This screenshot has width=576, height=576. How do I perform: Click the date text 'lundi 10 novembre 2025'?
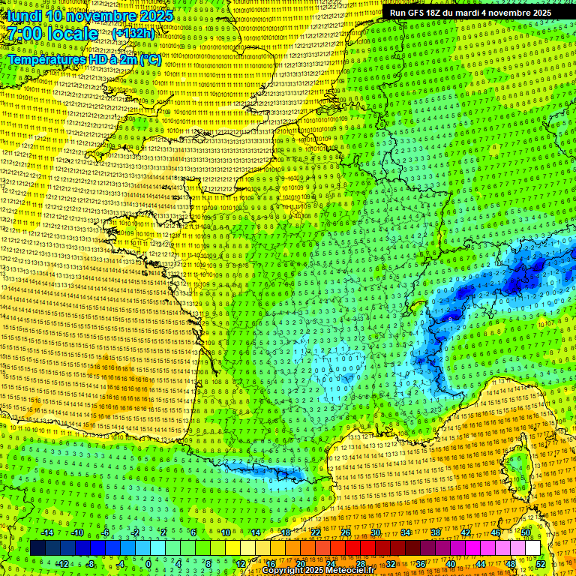(x=90, y=16)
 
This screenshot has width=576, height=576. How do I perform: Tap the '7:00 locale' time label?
(x=52, y=34)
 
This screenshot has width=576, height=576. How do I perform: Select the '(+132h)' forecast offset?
(x=134, y=33)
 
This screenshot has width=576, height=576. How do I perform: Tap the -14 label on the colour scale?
(x=47, y=532)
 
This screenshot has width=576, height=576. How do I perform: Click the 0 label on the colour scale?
(x=148, y=564)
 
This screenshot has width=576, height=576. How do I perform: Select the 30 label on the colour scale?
(x=375, y=532)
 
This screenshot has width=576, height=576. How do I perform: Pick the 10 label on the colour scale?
(x=226, y=532)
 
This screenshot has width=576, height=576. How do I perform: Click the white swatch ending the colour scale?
(x=532, y=548)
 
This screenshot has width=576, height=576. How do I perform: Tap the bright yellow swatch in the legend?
(x=247, y=548)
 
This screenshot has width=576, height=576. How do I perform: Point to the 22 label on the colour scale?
(x=316, y=532)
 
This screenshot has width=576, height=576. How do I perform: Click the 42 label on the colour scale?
(x=465, y=532)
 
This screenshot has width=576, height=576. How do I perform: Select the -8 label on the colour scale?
(x=90, y=564)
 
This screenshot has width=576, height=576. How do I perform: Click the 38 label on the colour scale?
(x=435, y=532)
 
